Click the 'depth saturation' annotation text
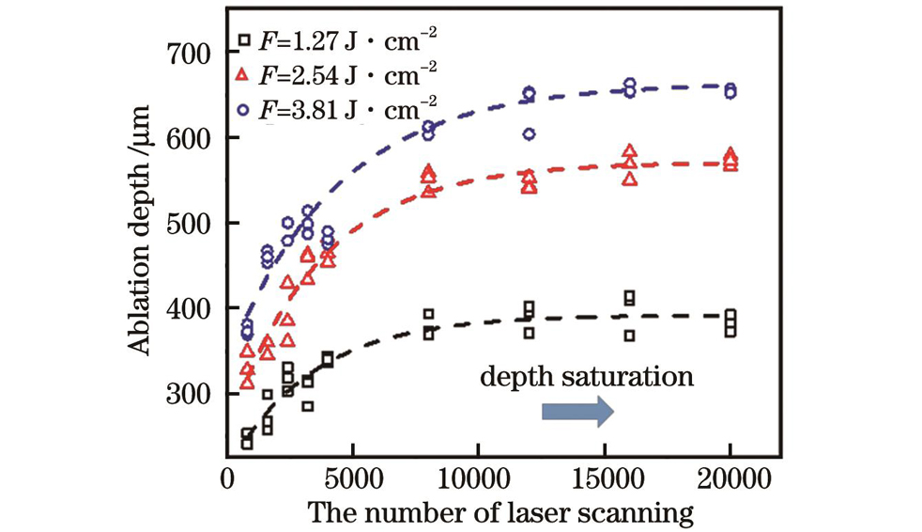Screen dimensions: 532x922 tap(587, 378)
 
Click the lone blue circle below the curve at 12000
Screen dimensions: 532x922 tap(529, 134)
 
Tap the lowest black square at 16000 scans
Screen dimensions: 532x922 tap(630, 336)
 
